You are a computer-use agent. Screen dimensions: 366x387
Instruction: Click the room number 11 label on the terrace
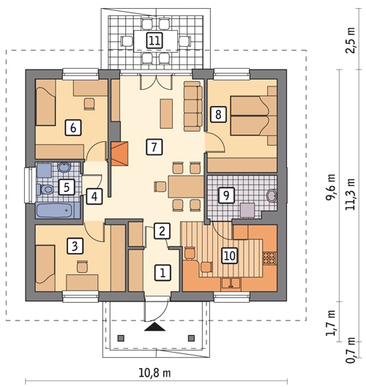click(x=154, y=40)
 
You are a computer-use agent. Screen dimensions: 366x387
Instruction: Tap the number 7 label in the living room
click(x=154, y=147)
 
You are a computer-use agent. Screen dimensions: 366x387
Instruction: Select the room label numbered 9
click(x=226, y=195)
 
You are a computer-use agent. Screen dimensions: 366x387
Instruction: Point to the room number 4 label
click(x=94, y=196)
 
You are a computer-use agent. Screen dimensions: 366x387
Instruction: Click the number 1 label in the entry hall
click(x=163, y=273)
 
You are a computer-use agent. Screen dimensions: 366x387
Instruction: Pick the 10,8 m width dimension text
click(x=154, y=372)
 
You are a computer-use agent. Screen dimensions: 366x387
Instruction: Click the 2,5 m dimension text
click(x=351, y=40)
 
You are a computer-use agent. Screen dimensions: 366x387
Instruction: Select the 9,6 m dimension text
click(x=330, y=187)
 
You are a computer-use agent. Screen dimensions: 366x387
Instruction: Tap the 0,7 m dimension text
click(x=351, y=350)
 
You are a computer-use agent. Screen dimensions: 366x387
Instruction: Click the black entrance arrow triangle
click(x=154, y=326)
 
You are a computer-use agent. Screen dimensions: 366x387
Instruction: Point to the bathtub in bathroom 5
click(x=58, y=210)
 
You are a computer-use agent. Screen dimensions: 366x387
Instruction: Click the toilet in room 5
click(x=45, y=189)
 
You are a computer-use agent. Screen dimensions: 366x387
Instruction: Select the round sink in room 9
click(x=272, y=196)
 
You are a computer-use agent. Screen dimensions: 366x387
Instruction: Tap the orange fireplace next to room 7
click(x=120, y=154)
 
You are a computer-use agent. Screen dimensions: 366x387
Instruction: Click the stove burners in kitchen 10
click(x=269, y=258)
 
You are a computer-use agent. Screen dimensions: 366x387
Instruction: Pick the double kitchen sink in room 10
click(x=231, y=283)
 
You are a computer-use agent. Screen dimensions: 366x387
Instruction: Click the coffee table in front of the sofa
click(x=166, y=113)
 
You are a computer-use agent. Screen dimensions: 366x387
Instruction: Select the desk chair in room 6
click(x=89, y=104)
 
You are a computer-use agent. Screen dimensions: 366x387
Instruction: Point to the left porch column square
click(x=121, y=338)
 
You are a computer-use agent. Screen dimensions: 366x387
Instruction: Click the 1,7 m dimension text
click(x=330, y=323)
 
